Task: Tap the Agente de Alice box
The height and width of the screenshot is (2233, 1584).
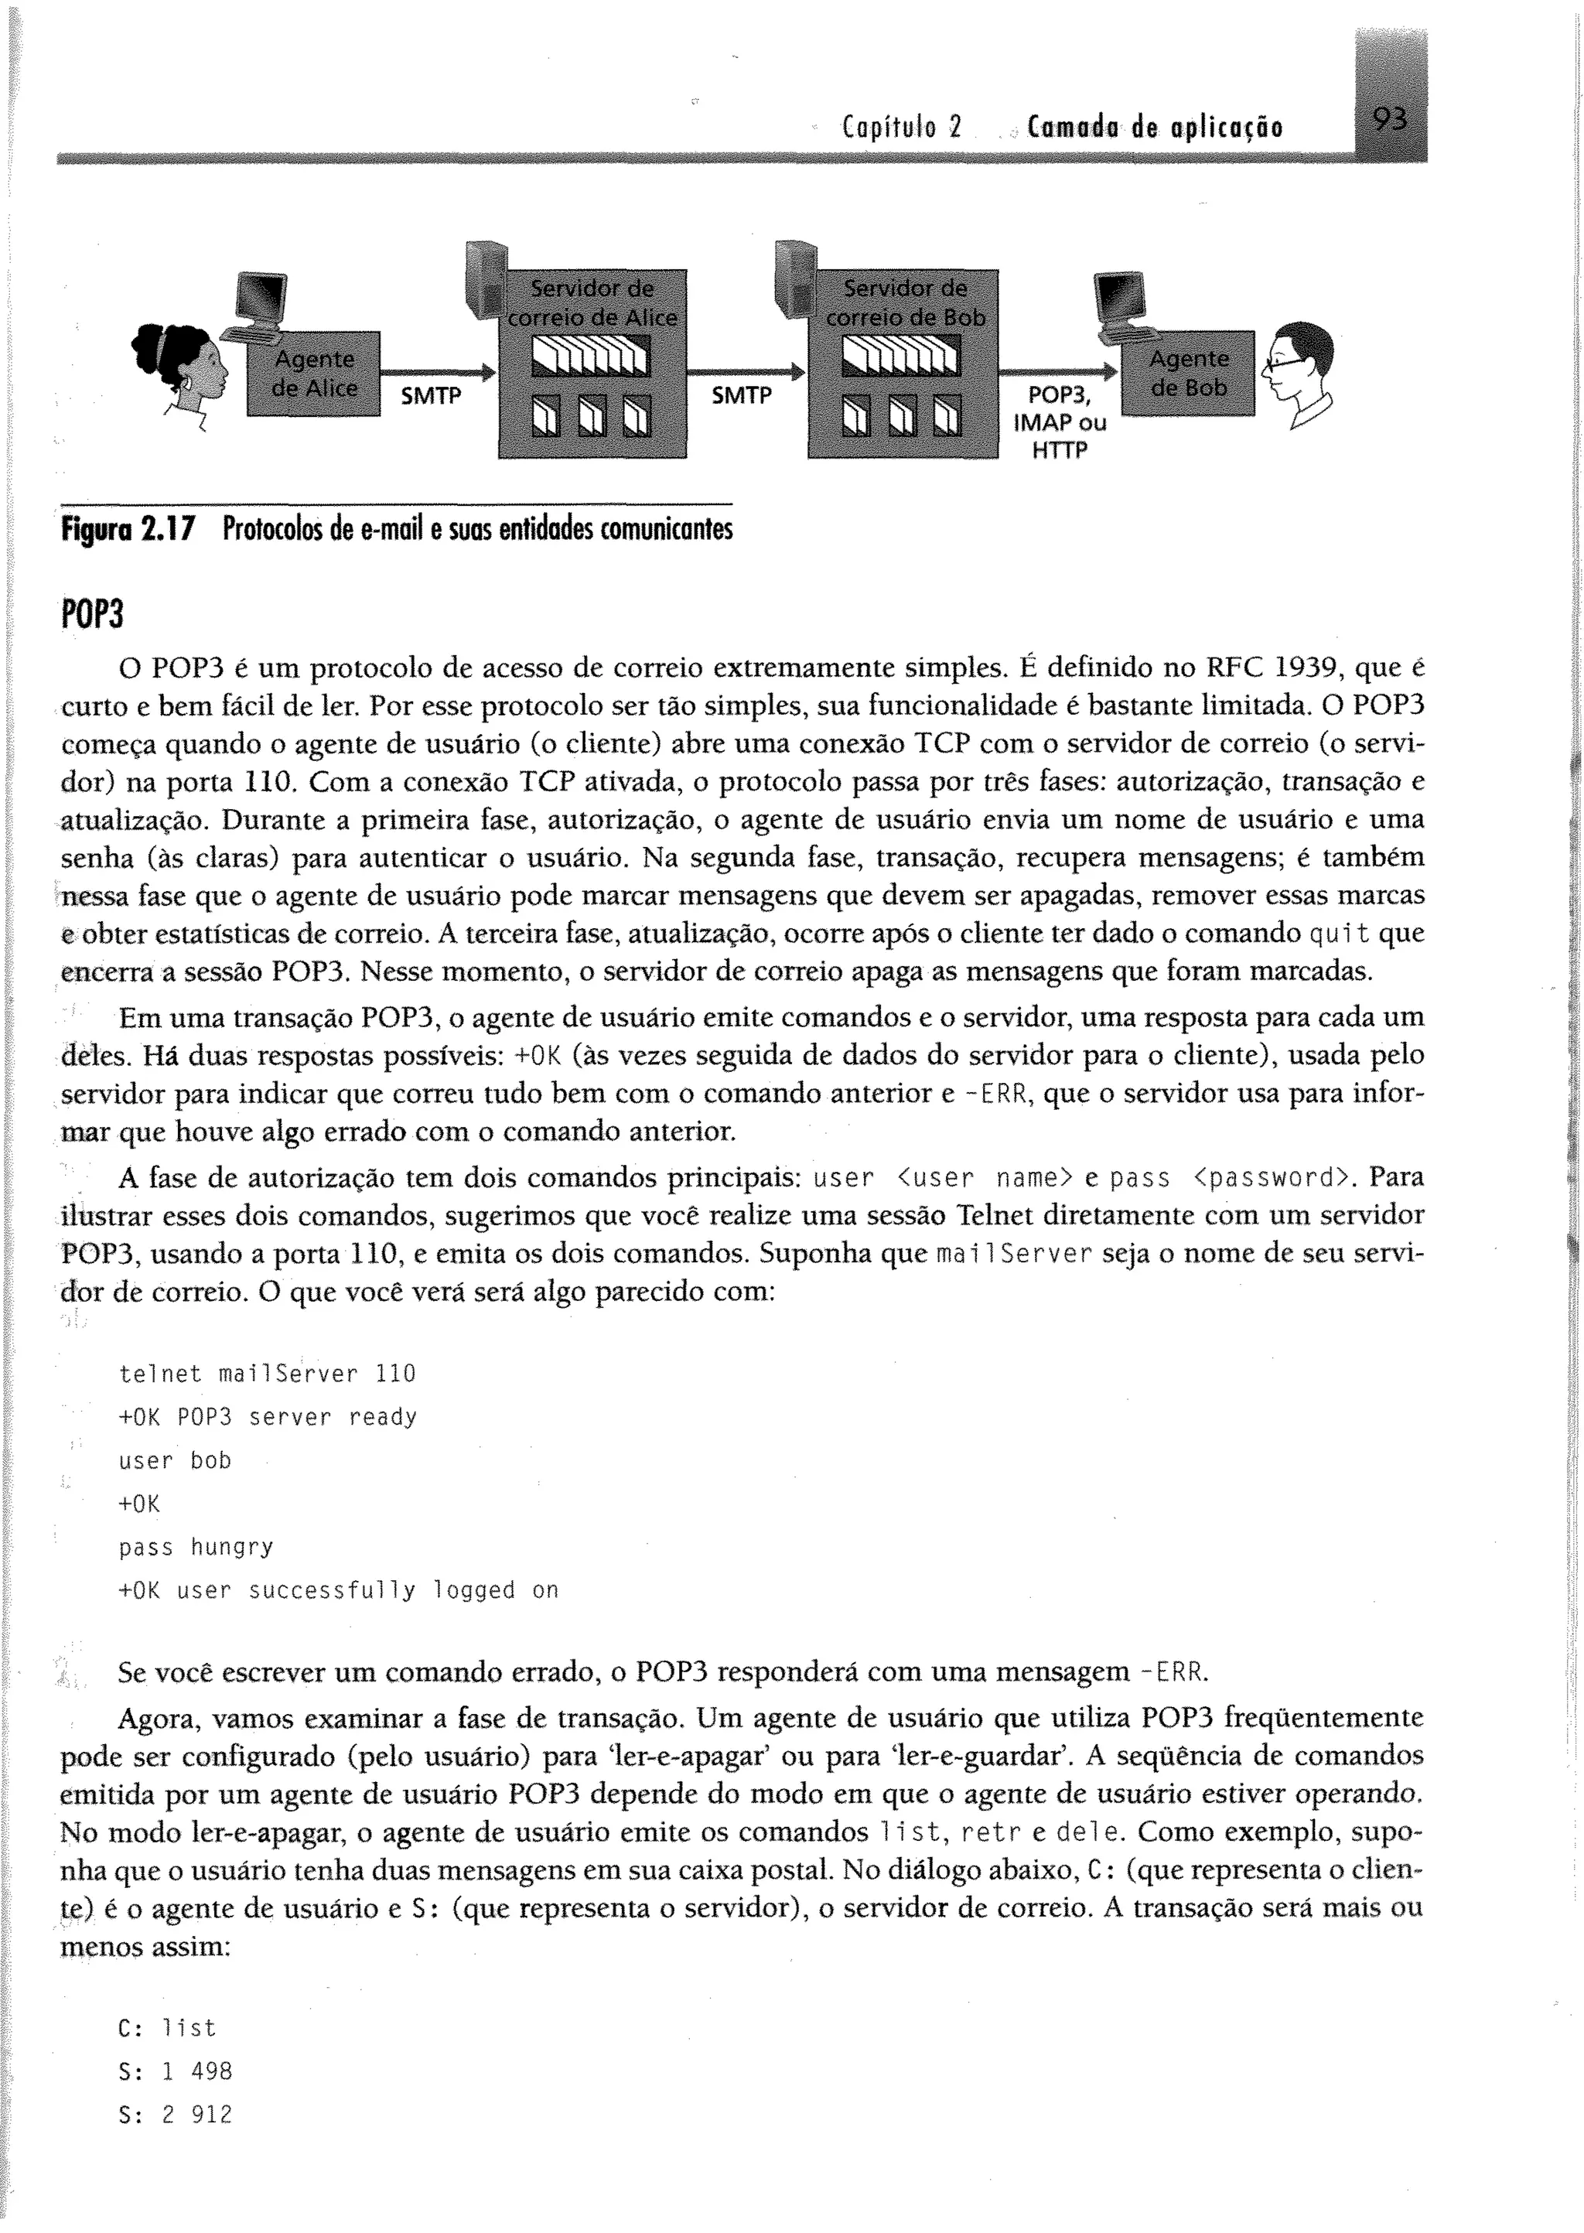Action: tap(314, 374)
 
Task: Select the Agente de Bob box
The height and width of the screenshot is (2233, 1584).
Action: tap(1188, 374)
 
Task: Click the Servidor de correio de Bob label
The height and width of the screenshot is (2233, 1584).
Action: tap(905, 302)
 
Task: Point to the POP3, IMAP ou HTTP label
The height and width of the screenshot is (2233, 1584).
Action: tap(1060, 422)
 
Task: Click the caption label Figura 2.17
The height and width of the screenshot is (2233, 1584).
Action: tap(128, 530)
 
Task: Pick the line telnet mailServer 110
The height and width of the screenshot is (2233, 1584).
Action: tap(266, 1374)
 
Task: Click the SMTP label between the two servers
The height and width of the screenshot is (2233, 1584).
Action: tap(741, 395)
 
